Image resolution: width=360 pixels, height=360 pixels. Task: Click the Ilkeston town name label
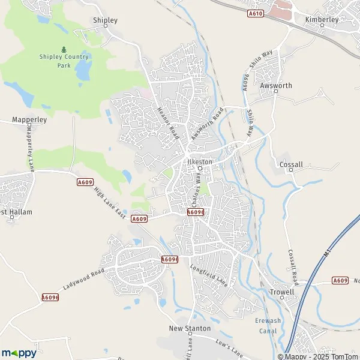[x=200, y=161]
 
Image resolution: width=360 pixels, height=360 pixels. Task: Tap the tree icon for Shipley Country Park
[x=64, y=49]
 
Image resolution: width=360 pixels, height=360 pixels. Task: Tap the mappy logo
[x=19, y=353]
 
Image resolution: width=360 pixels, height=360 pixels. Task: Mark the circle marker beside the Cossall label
[x=291, y=170]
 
